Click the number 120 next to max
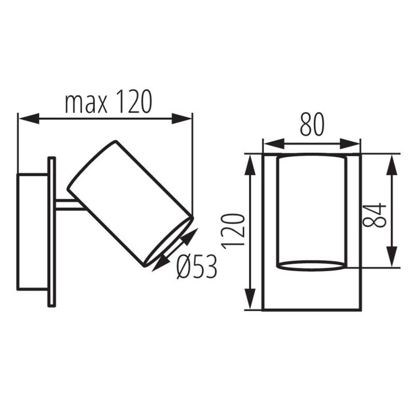pos(134,101)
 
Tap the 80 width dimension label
pos(312,124)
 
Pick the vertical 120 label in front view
pos(233,231)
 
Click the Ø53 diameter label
pos(197,267)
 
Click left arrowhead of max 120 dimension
pos(29,118)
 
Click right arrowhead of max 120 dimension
pos(182,118)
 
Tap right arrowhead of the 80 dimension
pos(350,144)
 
